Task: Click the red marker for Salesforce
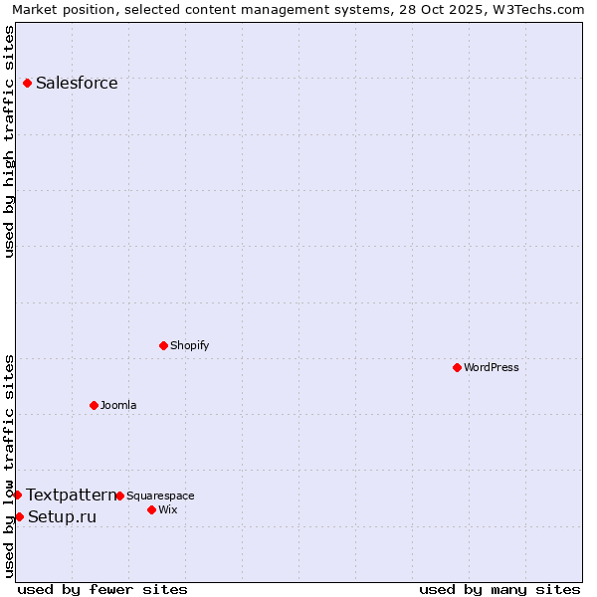coord(27,83)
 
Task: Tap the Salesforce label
coord(77,84)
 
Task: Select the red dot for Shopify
coord(163,345)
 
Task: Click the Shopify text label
coord(189,346)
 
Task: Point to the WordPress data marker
coord(457,367)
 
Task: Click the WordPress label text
coord(492,368)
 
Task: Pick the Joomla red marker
coord(94,405)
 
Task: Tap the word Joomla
coord(118,406)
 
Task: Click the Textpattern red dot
coord(17,495)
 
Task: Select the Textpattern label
coord(71,496)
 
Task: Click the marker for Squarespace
coord(119,496)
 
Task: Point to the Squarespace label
coord(160,497)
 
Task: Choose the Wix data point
coord(151,509)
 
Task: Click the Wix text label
coord(168,510)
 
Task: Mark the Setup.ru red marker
coord(19,516)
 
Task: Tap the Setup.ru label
coord(63,517)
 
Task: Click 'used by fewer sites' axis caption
coord(102,590)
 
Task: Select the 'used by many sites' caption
coord(499,590)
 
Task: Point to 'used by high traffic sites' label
coord(10,141)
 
